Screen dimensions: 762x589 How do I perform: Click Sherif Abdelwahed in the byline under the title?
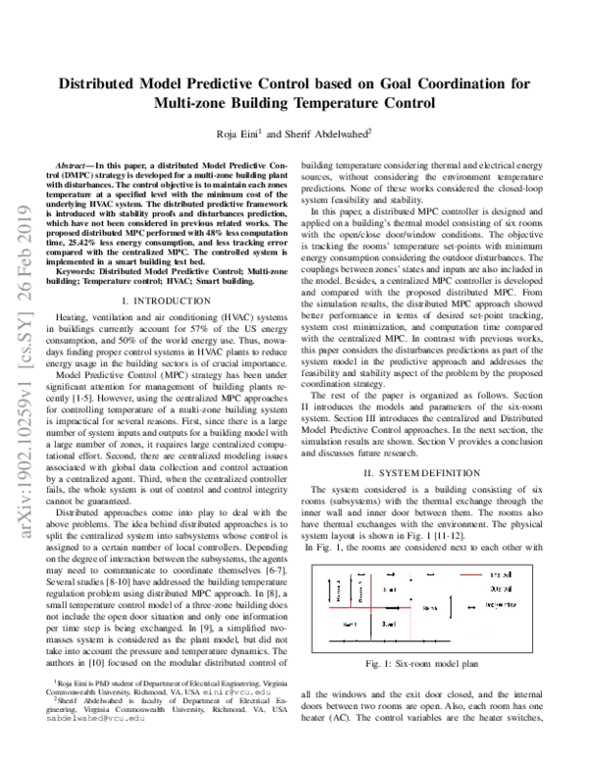tap(331, 133)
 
